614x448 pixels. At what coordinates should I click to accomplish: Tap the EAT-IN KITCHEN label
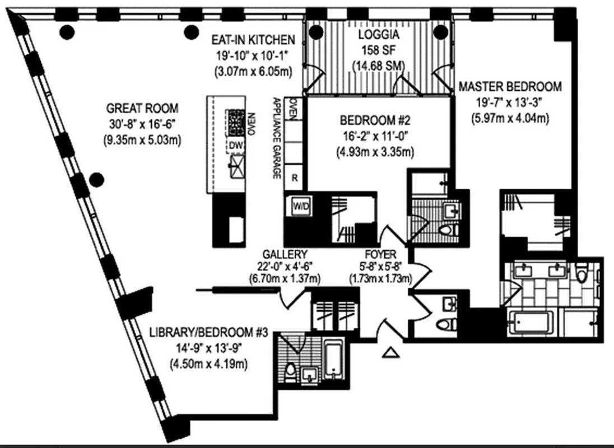[x=253, y=40]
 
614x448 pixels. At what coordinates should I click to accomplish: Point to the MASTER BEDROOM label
[x=509, y=87]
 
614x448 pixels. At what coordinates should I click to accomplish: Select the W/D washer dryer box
[x=300, y=206]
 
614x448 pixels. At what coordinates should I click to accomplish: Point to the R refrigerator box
[x=294, y=179]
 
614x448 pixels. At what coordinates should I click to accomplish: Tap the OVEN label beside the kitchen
[x=293, y=108]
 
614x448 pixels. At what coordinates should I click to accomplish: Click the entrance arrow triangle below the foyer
[x=392, y=352]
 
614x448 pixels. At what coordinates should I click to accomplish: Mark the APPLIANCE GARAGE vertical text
[x=276, y=138]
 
